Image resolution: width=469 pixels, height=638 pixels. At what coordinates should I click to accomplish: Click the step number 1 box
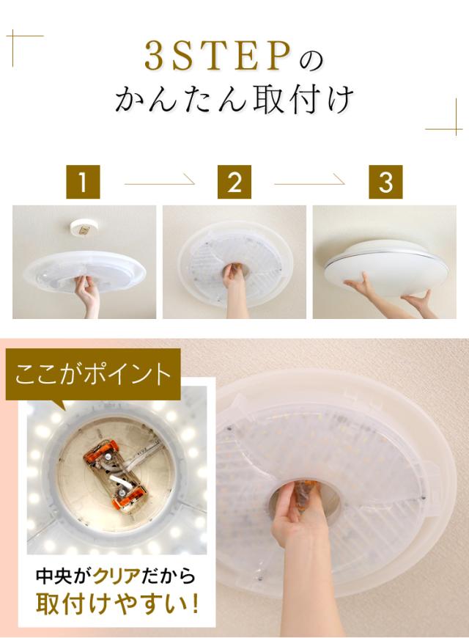tap(83, 182)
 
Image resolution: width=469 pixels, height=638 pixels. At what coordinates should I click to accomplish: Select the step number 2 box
tap(234, 182)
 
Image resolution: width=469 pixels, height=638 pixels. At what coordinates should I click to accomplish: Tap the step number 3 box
tap(385, 182)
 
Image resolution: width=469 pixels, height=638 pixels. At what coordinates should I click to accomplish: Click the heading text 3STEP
tap(217, 57)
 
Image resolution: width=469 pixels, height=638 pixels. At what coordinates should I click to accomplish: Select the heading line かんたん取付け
tap(234, 99)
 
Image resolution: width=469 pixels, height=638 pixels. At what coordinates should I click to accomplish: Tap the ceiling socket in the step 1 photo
tap(84, 230)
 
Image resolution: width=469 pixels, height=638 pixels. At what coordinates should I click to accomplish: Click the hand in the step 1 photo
tap(88, 295)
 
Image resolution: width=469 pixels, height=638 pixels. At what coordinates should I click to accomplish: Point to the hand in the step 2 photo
tap(234, 289)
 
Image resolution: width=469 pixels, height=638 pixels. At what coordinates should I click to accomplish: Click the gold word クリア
tap(117, 576)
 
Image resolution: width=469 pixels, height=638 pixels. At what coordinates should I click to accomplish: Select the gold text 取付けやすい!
tap(117, 604)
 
